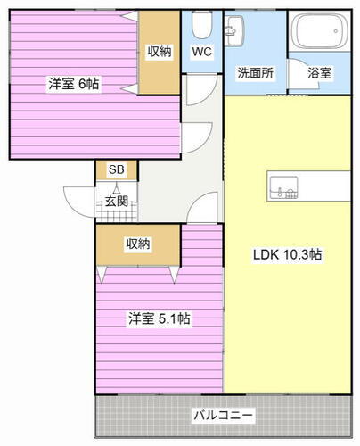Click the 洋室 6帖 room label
pyautogui.click(x=73, y=84)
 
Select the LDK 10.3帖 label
pyautogui.click(x=286, y=254)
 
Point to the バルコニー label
pyautogui.click(x=223, y=415)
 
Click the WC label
pyautogui.click(x=201, y=52)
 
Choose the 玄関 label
pyautogui.click(x=116, y=202)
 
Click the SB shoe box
pyautogui.click(x=116, y=169)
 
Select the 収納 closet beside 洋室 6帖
pyautogui.click(x=159, y=52)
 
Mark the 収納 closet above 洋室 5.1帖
pyautogui.click(x=137, y=244)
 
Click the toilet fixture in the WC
pyautogui.click(x=201, y=21)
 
